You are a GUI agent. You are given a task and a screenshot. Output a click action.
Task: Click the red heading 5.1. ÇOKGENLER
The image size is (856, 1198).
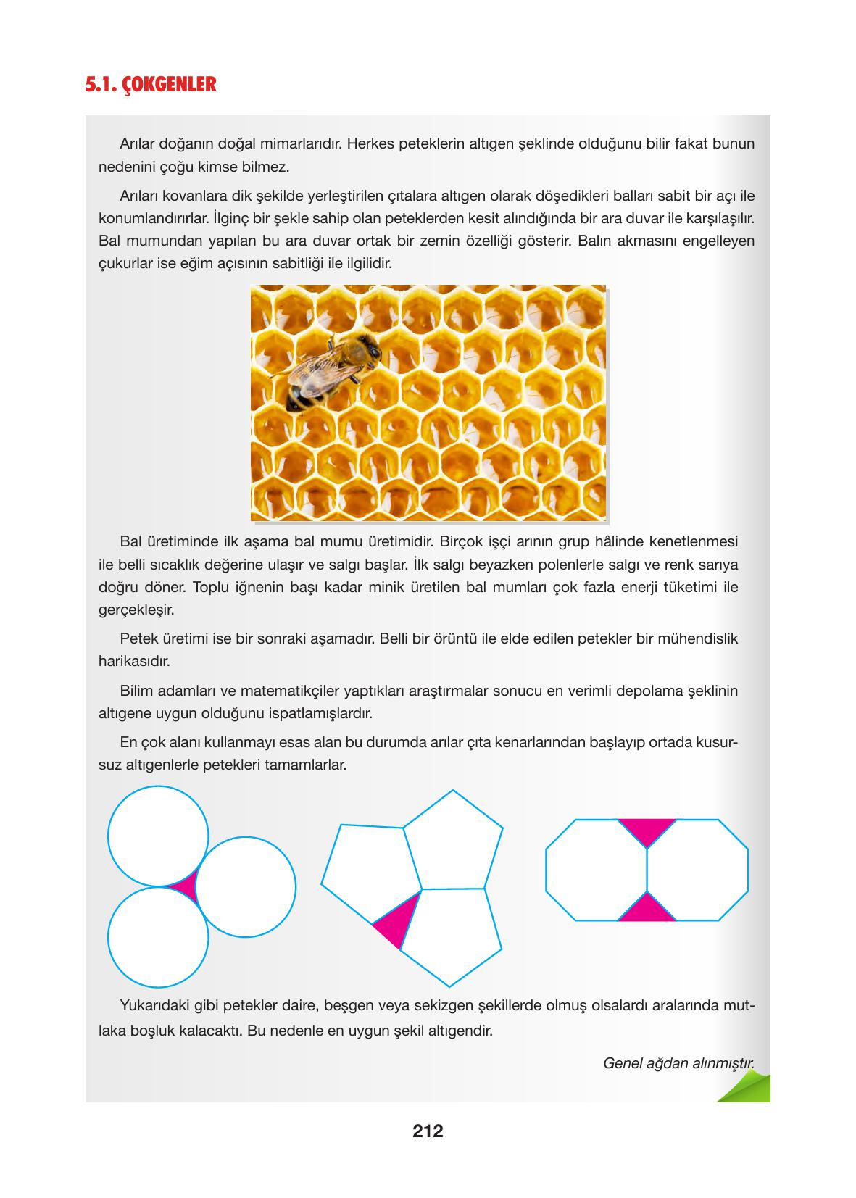(151, 85)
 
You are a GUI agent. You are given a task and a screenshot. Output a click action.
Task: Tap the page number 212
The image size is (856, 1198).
(428, 1130)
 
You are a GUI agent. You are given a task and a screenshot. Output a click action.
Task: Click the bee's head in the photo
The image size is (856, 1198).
(368, 351)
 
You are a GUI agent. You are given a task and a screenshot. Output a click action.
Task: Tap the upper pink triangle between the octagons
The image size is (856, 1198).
(647, 829)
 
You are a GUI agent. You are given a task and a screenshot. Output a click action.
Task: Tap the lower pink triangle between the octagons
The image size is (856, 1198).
(647, 909)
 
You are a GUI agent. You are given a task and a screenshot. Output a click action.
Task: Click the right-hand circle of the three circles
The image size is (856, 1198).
(245, 886)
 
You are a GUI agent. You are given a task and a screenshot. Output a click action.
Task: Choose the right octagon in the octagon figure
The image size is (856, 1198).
(697, 870)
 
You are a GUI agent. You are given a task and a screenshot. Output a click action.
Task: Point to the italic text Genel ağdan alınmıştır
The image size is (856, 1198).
(678, 1063)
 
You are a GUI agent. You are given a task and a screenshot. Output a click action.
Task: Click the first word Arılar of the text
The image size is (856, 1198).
(138, 143)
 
